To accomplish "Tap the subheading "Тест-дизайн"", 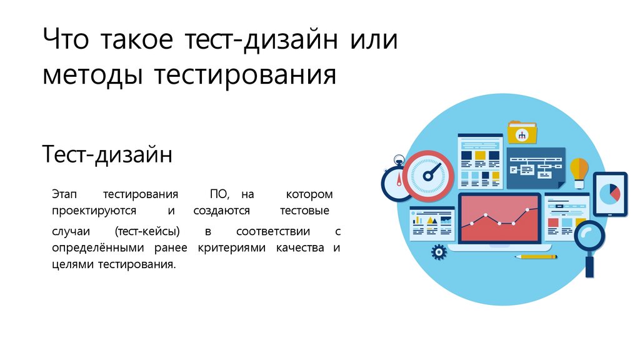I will click(107, 154).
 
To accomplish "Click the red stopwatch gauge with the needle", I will click(427, 175).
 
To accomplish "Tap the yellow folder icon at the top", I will click(521, 132).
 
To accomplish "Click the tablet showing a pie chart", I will click(609, 194).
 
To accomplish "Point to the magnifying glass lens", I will click(590, 236).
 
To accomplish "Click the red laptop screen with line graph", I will click(500, 218).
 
